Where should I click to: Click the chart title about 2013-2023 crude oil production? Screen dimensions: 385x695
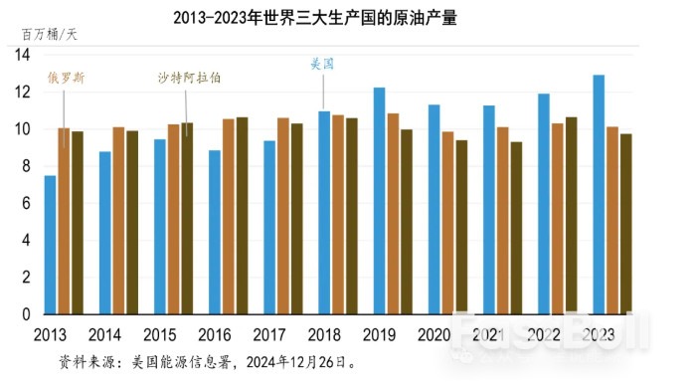[x=315, y=17]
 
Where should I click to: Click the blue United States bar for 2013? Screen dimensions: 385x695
[x=50, y=245]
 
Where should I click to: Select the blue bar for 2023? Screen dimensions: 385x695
[x=599, y=194]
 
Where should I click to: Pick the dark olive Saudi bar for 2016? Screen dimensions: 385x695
[x=243, y=216]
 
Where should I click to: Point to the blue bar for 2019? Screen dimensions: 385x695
[x=379, y=201]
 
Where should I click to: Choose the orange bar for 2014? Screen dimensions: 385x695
[x=118, y=221]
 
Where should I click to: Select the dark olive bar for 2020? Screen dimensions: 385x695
[x=461, y=227]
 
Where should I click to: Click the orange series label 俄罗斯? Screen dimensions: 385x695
[x=65, y=77]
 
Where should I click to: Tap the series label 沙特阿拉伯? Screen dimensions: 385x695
[x=189, y=77]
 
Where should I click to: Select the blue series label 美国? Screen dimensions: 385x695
[x=322, y=65]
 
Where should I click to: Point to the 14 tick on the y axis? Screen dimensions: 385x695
[x=23, y=55]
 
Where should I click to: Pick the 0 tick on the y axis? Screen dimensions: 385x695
[x=25, y=314]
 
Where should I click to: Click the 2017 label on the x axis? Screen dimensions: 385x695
[x=268, y=333]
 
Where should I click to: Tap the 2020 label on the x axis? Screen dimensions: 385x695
[x=434, y=333]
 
